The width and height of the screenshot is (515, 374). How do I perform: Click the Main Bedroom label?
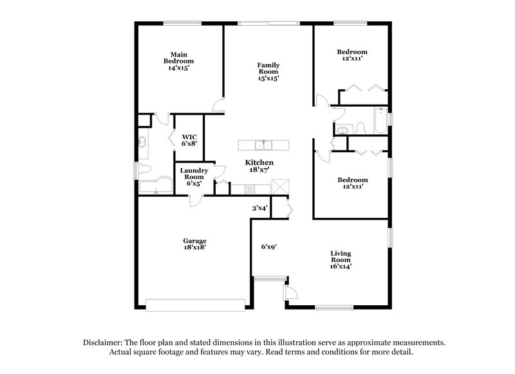coord(178,60)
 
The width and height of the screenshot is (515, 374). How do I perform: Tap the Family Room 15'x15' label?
coord(268,71)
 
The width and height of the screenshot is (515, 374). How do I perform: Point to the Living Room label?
coord(341,258)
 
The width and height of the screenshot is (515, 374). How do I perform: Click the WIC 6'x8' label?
coord(189,139)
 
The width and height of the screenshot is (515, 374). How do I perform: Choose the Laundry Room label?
coord(193,176)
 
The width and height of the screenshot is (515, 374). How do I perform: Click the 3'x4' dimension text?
coord(259,208)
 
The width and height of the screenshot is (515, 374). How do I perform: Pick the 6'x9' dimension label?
coord(268,246)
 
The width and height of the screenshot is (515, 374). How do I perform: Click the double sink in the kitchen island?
coord(263,144)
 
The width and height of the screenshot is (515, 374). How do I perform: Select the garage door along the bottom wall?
coord(196,303)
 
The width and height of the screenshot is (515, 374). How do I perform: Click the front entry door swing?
coord(290,294)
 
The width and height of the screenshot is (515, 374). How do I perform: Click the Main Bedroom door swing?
coord(218,105)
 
